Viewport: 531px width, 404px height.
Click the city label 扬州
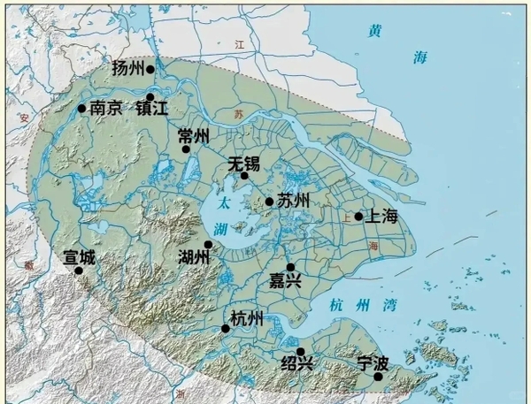click(129, 68)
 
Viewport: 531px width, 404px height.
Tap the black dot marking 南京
click(82, 109)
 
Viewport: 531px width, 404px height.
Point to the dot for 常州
click(187, 149)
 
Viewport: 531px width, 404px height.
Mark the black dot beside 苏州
click(269, 202)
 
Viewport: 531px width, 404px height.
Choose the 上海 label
click(382, 216)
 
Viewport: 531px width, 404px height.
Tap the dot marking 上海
click(358, 217)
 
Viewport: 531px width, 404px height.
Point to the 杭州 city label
click(246, 319)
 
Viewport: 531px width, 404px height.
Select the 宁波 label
click(373, 362)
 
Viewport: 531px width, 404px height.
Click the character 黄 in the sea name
click(375, 31)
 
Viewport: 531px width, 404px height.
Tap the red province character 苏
click(238, 115)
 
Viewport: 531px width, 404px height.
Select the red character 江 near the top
click(238, 42)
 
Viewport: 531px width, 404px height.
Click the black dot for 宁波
click(378, 377)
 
